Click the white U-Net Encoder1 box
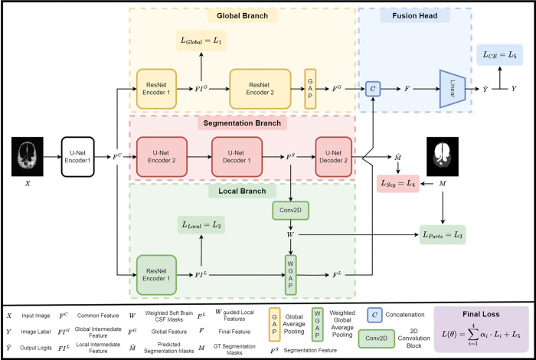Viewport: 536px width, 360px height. point(77,157)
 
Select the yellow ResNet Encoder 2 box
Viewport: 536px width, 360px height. point(260,89)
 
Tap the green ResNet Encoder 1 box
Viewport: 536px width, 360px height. point(156,275)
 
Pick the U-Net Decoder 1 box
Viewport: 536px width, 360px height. point(237,157)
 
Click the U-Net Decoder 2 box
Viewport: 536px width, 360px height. point(333,157)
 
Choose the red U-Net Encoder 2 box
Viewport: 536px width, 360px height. point(162,157)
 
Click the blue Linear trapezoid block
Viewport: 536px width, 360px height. point(453,89)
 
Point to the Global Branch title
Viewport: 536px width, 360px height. point(243,16)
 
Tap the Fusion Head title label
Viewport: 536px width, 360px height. point(415,16)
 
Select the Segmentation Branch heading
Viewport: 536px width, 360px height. point(243,123)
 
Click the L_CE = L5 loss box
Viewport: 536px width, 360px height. point(499,54)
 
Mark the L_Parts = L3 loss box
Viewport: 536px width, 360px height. point(443,234)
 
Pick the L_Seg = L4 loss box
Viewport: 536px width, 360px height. point(398,184)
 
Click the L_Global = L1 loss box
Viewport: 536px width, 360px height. point(201,41)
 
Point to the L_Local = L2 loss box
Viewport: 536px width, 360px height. point(201,224)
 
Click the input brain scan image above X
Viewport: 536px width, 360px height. point(28,156)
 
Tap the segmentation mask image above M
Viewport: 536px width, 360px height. point(443,156)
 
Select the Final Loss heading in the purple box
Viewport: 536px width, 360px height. point(481,314)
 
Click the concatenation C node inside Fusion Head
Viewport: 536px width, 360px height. point(373,89)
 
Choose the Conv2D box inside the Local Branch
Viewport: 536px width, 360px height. point(290,211)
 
